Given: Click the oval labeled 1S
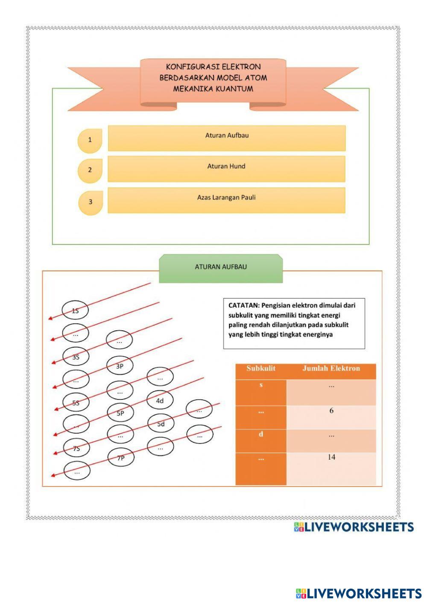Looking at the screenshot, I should [75, 311].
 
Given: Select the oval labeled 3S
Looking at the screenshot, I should [76, 357].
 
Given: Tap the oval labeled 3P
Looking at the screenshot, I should [120, 366].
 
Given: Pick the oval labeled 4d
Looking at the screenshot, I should [160, 401].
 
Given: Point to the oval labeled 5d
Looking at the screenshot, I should [161, 424].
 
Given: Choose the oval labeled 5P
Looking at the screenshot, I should [120, 413].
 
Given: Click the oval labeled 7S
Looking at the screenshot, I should [76, 448].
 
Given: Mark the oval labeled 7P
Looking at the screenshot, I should [120, 458].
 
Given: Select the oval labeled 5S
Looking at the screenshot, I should [76, 402].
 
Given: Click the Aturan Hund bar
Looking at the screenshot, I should [226, 169].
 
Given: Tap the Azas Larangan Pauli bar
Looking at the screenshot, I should [226, 200].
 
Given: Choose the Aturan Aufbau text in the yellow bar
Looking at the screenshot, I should [227, 135].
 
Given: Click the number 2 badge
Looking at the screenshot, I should [90, 170].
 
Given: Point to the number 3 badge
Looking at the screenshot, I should [91, 202].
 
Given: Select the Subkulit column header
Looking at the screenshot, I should [261, 369].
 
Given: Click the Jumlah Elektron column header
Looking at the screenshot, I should [331, 369].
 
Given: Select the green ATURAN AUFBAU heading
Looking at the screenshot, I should [221, 267].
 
